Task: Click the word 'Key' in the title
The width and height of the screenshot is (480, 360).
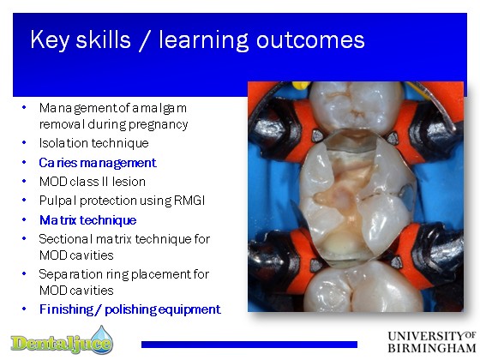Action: click(x=50, y=40)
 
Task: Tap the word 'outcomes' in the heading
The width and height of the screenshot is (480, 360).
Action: click(x=310, y=40)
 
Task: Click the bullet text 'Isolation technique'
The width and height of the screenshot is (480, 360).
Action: click(x=94, y=143)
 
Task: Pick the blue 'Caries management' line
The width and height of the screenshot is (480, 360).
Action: click(x=98, y=163)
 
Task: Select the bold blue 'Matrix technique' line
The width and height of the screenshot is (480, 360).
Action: click(x=87, y=220)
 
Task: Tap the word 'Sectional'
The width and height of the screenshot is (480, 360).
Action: click(x=65, y=239)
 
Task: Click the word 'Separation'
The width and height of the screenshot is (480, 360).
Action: click(x=71, y=274)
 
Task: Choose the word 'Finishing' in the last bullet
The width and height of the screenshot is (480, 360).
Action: click(x=66, y=309)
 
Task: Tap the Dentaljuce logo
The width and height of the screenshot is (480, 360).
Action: click(x=62, y=339)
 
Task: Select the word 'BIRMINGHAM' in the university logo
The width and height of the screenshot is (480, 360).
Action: click(x=432, y=348)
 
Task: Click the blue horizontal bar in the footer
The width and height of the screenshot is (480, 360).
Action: click(x=249, y=345)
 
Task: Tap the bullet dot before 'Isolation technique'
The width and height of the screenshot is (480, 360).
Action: click(x=24, y=142)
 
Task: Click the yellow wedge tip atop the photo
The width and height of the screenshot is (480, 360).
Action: click(x=300, y=85)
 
